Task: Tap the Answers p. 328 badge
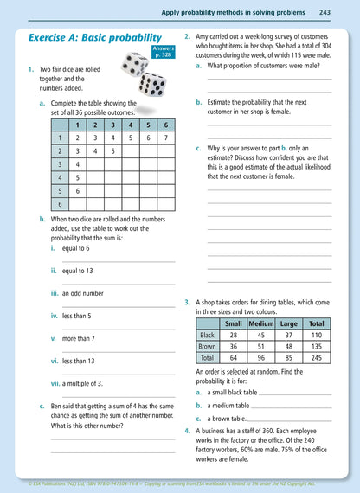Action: coord(163,52)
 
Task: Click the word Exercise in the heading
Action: coord(56,38)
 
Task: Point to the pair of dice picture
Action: coord(144,74)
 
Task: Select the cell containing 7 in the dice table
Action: coord(165,138)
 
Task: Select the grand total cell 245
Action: coord(316,357)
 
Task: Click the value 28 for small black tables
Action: coord(233,335)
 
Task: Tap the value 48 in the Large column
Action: coord(288,346)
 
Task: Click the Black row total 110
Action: coord(316,335)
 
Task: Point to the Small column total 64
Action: coord(233,357)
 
